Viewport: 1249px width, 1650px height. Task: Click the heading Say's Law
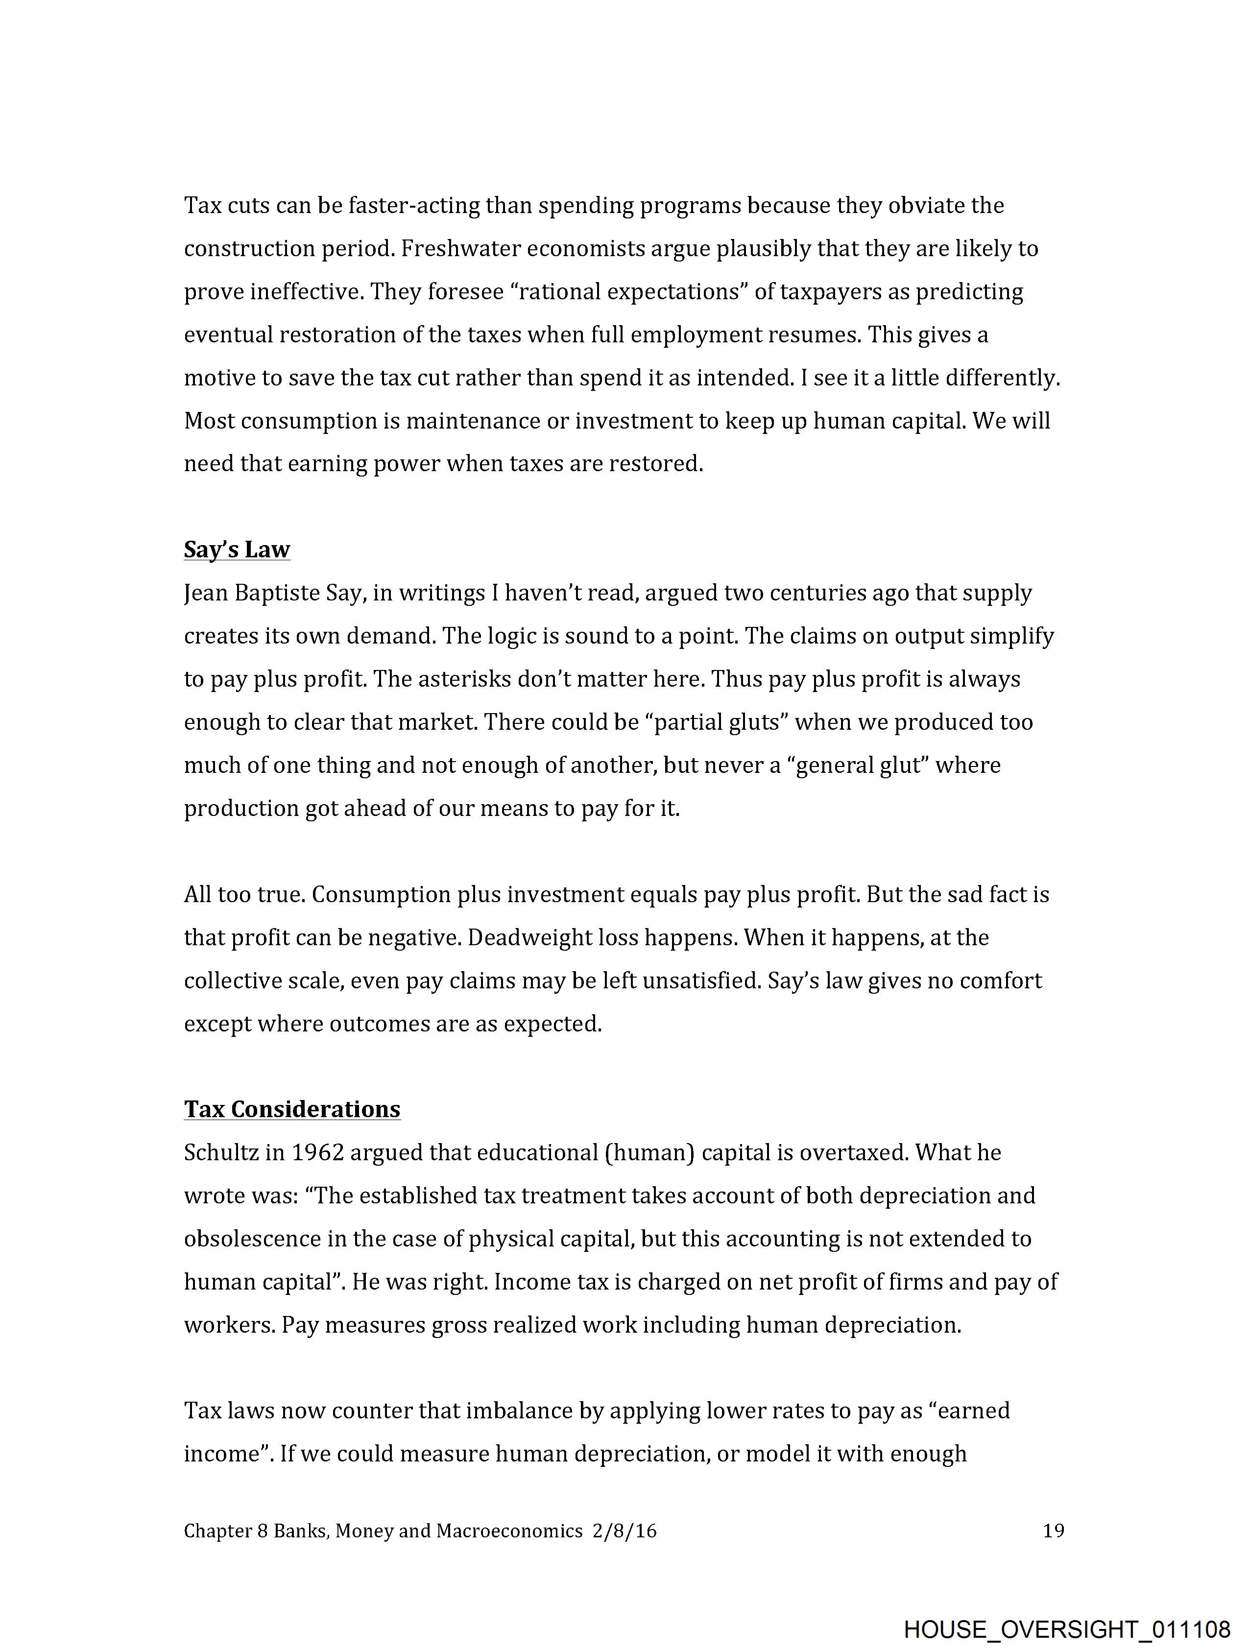[x=237, y=550]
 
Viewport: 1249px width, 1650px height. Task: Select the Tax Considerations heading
[x=292, y=1109]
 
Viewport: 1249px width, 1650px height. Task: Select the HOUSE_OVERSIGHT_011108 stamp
[x=1066, y=1628]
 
